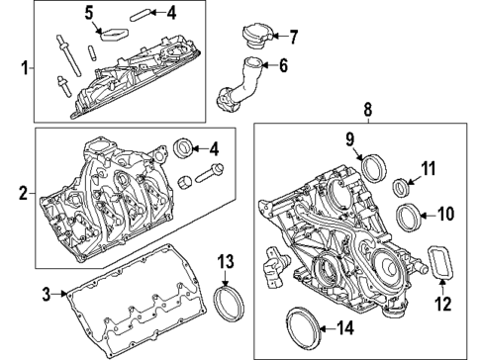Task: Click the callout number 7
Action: pyautogui.click(x=293, y=38)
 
